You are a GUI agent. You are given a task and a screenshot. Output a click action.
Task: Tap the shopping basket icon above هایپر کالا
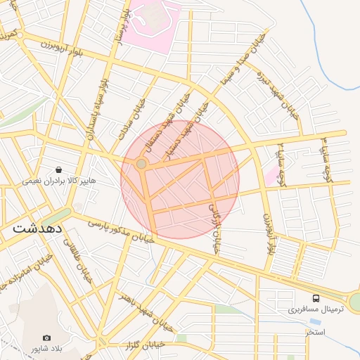[58, 169]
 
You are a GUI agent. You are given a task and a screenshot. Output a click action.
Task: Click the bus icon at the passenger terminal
[315, 298]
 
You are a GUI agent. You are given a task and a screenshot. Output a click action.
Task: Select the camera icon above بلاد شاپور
[46, 338]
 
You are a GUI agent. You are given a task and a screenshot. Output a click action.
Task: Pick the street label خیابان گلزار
[145, 344]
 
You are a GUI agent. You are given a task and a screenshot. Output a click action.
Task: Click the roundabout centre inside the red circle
[141, 164]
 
